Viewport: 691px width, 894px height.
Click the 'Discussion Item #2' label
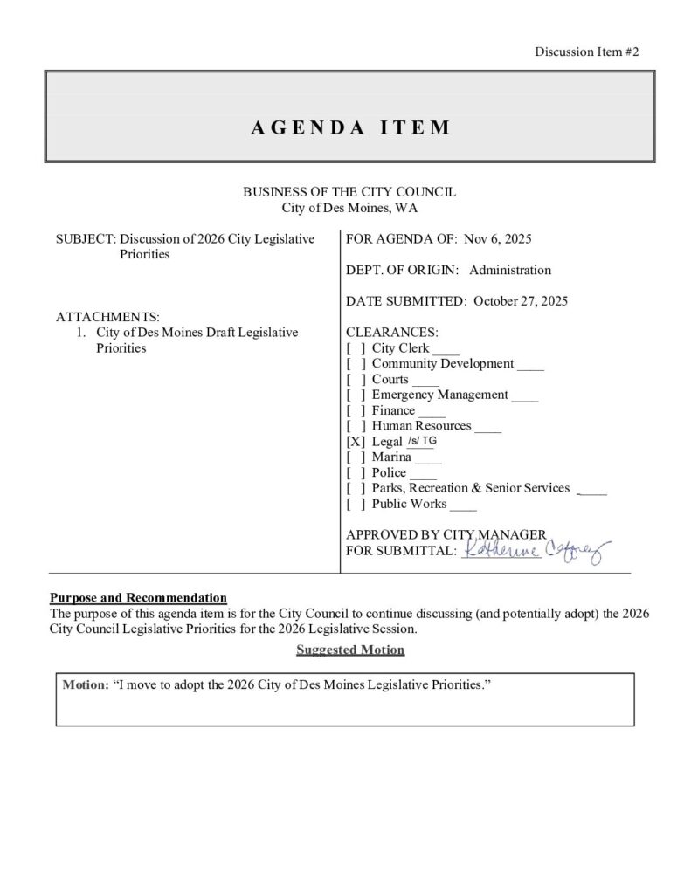587,52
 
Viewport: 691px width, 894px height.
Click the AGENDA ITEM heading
350,127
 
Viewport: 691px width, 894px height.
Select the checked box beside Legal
354,442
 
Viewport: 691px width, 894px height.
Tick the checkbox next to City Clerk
354,348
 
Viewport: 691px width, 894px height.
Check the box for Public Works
354,504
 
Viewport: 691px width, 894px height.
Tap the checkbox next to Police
354,473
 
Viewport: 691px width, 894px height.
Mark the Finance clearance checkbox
354,410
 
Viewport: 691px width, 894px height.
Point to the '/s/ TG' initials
423,440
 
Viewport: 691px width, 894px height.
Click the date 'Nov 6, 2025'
499,239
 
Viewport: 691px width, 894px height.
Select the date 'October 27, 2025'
521,301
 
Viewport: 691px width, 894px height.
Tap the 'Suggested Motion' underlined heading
350,650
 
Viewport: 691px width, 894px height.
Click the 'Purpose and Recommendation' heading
138,598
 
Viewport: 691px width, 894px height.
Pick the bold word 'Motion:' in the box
86,685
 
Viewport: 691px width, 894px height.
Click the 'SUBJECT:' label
86,239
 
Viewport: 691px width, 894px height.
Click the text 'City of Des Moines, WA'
349,208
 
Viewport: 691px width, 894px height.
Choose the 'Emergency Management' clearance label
439,395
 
